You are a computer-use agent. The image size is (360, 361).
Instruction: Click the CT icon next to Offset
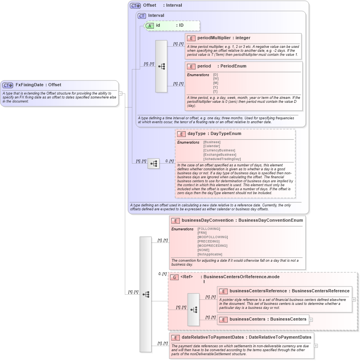coord(135,5)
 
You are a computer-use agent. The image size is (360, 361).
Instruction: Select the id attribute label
coord(158,26)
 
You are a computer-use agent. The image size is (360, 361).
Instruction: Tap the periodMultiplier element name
coord(214,38)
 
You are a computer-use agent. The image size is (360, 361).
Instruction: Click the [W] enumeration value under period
coord(216,78)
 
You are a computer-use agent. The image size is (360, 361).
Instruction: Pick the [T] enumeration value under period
coord(216,91)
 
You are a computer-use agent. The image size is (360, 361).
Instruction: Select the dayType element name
coord(196,134)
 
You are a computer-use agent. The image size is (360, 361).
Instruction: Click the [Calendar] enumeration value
coord(212,146)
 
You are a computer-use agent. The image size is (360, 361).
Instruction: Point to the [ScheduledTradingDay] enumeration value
coord(222,159)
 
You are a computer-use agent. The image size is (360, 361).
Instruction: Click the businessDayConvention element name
coord(208,221)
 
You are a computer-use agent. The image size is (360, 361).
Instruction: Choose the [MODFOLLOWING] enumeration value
coord(212,237)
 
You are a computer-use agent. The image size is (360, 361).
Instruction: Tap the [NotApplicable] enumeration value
coord(210,254)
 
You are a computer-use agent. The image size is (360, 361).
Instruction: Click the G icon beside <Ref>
coord(174,277)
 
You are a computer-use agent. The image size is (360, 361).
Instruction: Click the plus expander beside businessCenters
coord(311,319)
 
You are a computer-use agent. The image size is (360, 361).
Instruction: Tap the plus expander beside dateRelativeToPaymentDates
coord(316,346)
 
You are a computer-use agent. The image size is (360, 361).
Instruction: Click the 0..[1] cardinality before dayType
coord(169,161)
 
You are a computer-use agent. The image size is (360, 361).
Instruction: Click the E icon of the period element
coord(191,66)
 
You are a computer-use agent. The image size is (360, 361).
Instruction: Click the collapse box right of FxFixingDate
coord(121,93)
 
